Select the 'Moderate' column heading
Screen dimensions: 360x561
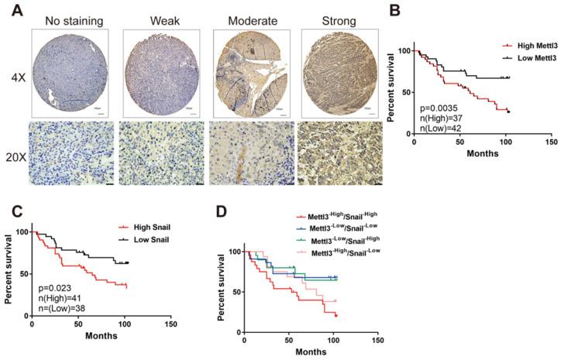(x=250, y=19)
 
